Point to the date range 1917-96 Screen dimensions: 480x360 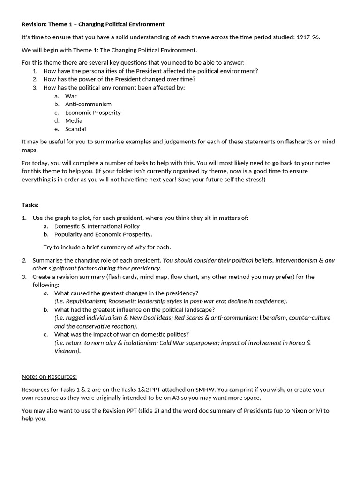point(307,37)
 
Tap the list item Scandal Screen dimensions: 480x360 point(75,129)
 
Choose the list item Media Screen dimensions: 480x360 point(74,120)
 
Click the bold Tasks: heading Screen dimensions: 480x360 point(30,205)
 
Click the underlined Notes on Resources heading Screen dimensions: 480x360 point(49,376)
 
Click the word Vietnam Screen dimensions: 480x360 point(67,351)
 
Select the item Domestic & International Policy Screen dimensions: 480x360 point(97,226)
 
